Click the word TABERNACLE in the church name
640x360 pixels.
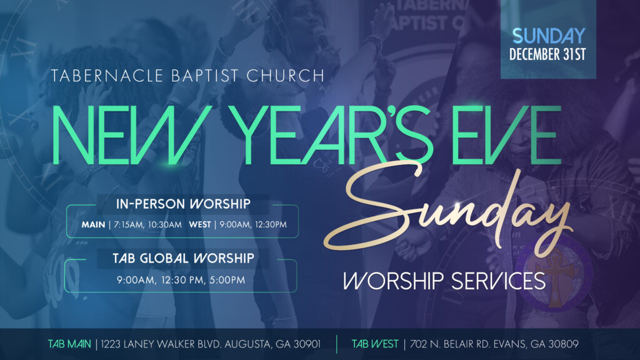106,76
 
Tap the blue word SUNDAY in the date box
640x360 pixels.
549,36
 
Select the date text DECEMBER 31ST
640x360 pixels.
547,54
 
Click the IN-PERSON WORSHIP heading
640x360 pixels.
183,204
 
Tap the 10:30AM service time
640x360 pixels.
165,224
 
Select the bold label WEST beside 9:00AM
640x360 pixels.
200,224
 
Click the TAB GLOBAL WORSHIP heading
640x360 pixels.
183,258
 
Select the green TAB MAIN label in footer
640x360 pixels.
69,344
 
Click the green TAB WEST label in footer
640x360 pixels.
375,344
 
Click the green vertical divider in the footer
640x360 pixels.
337,344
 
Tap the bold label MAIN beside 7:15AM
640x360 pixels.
94,224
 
